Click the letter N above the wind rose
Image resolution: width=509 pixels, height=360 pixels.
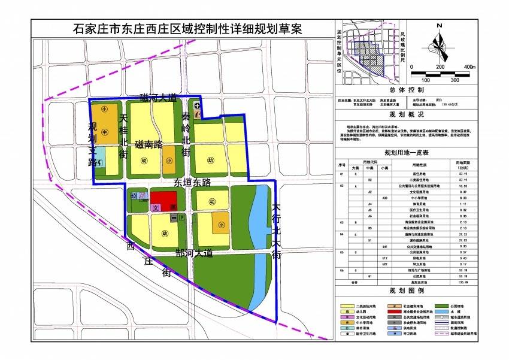pyautogui.click(x=440, y=25)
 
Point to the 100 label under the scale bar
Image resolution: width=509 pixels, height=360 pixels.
pyautogui.click(x=426, y=79)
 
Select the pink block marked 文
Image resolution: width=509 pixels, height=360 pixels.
pyautogui.click(x=156, y=207)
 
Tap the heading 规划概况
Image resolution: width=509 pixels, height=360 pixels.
pyautogui.click(x=406, y=114)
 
